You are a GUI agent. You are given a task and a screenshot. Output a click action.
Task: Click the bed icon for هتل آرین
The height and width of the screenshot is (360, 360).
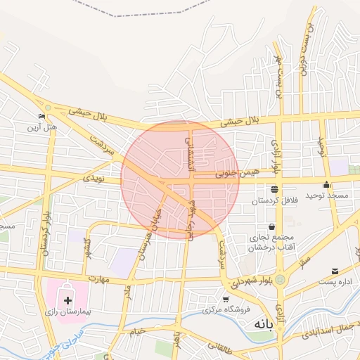(x=41, y=117)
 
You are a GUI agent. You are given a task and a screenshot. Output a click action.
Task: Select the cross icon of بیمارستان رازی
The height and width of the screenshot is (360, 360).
(x=67, y=300)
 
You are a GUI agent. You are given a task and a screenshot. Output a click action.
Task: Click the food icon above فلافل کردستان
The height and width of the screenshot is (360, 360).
(x=274, y=189)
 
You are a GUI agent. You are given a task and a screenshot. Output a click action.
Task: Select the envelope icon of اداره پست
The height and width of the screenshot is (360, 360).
(x=334, y=271)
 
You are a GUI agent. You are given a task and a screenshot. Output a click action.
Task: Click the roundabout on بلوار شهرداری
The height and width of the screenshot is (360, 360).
(x=280, y=279)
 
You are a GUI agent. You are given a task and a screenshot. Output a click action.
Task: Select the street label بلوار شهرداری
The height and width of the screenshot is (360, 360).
(x=243, y=281)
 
